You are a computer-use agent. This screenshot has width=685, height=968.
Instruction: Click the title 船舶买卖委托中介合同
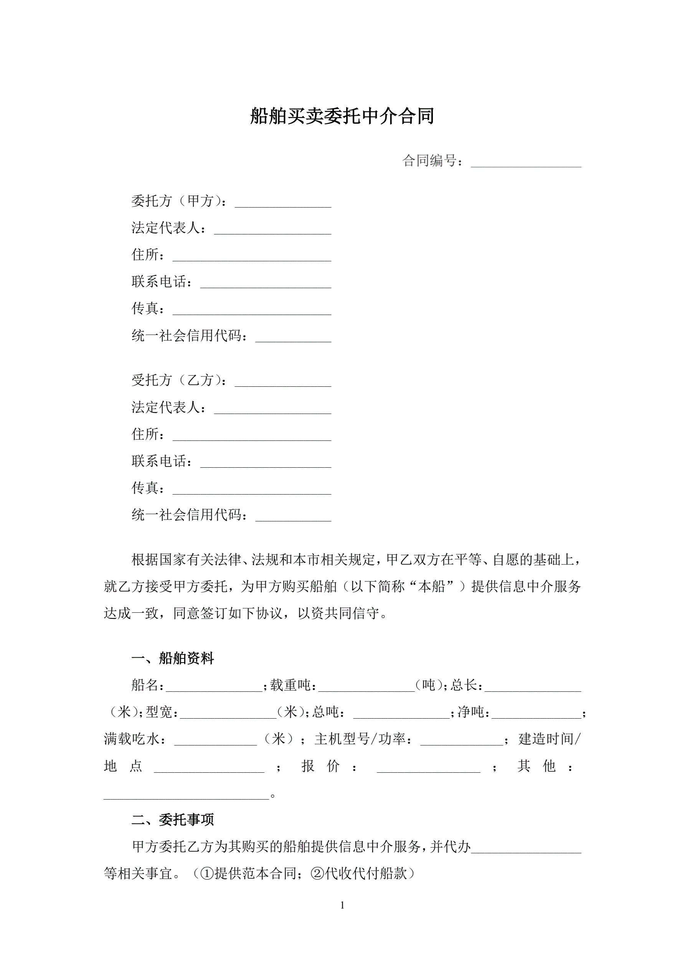(342, 116)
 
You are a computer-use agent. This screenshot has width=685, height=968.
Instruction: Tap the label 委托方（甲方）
(178, 201)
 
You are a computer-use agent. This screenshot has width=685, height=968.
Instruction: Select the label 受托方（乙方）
(178, 380)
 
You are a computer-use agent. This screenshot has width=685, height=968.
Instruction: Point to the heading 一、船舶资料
(173, 658)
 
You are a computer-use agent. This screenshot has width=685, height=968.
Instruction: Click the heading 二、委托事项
(173, 820)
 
